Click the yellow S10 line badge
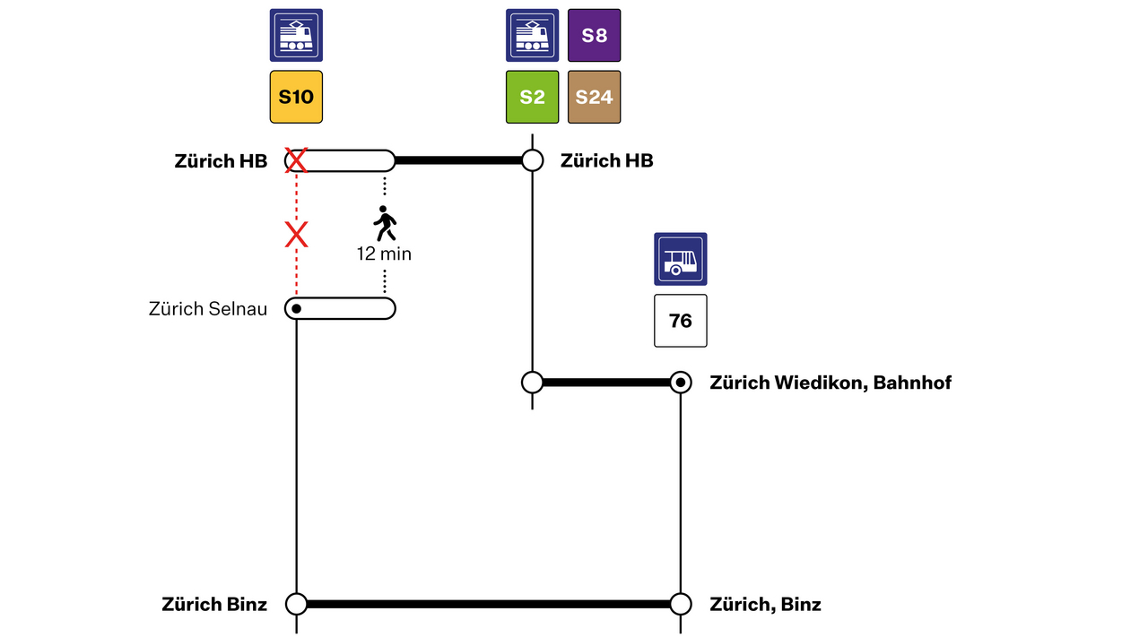[x=296, y=97]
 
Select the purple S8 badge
[x=594, y=36]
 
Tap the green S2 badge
[x=533, y=97]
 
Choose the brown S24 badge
[x=594, y=97]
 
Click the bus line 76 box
[x=681, y=321]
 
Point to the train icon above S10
[x=296, y=36]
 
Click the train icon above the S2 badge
[x=533, y=36]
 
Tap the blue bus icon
[x=681, y=259]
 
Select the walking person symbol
[x=385, y=224]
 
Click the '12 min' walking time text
[x=384, y=254]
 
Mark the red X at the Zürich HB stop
[x=296, y=161]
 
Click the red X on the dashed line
[x=296, y=236]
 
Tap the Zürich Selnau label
[x=208, y=309]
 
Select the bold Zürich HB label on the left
[x=221, y=161]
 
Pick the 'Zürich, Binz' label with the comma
[x=765, y=605]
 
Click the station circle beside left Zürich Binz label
[x=296, y=605]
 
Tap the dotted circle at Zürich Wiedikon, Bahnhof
[x=681, y=383]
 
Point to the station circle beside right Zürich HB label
[x=533, y=161]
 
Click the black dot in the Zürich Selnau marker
[x=297, y=309]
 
